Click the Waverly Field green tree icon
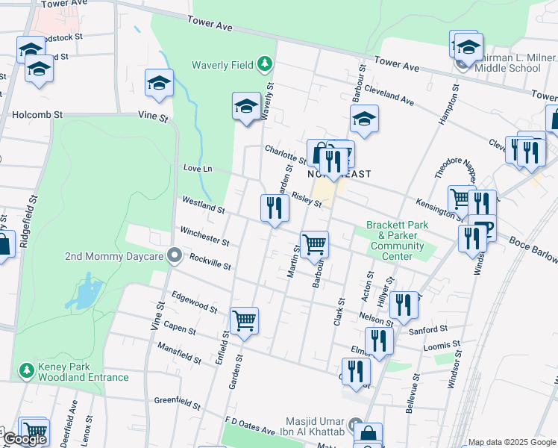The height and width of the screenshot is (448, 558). (264, 64)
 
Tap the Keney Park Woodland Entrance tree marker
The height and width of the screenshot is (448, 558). (27, 370)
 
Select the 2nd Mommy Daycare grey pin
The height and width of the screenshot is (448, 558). (175, 256)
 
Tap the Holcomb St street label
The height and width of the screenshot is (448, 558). (37, 115)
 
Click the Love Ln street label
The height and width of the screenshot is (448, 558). (197, 169)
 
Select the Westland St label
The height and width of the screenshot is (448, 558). (203, 205)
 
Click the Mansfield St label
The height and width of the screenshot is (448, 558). (179, 352)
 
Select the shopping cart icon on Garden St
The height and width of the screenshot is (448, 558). (244, 321)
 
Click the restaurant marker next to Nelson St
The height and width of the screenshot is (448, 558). (403, 305)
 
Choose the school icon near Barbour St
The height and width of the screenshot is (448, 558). (363, 119)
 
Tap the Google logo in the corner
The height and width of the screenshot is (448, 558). (24, 439)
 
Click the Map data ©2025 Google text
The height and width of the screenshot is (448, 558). (512, 442)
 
